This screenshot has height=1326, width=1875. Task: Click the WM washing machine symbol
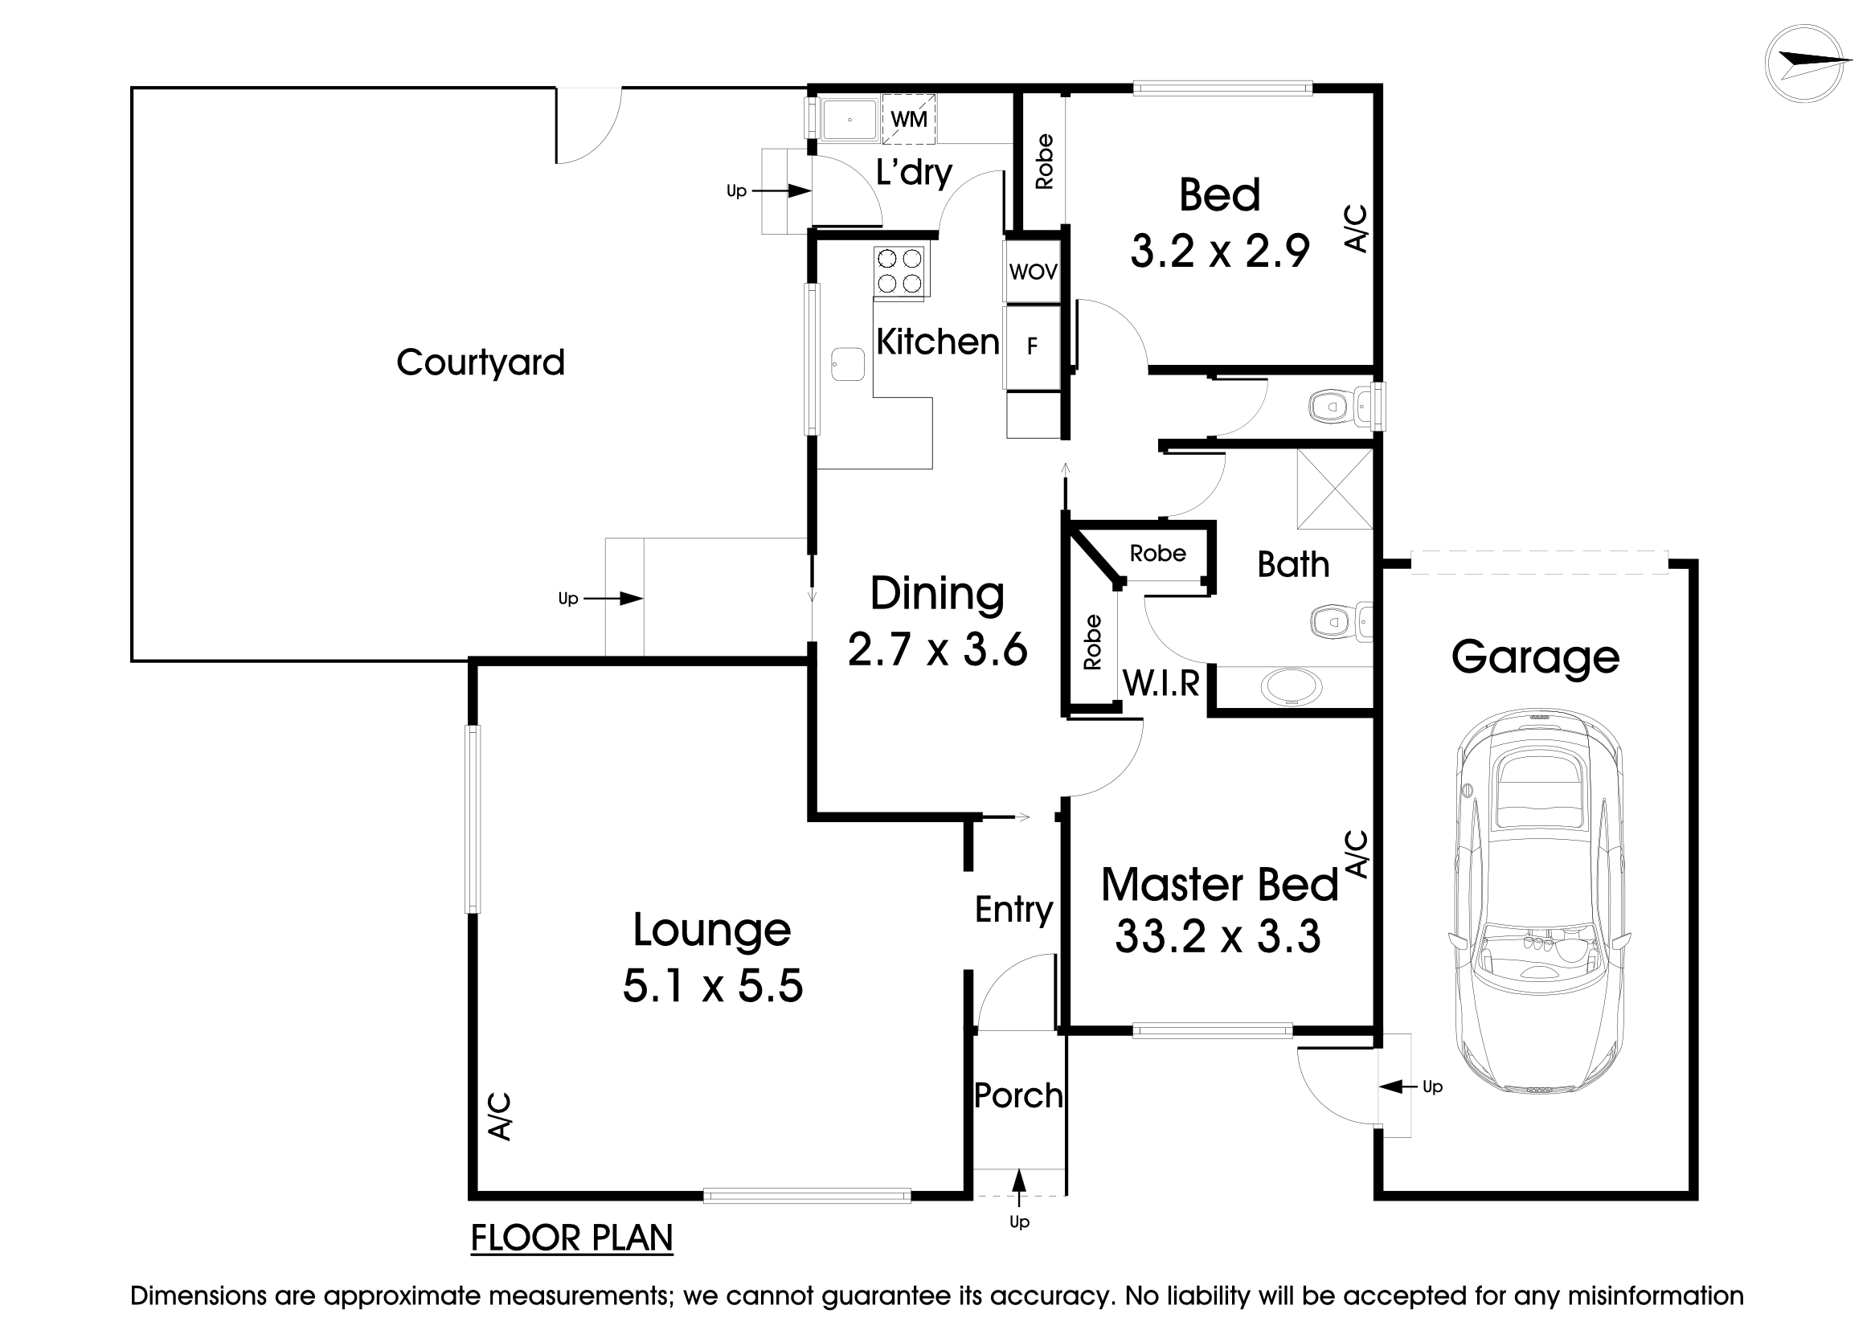click(x=908, y=119)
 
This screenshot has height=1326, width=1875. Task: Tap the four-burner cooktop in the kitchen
click(x=899, y=271)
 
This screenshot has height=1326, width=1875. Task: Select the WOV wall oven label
click(x=1032, y=272)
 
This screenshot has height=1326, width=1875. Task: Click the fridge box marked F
click(x=1032, y=346)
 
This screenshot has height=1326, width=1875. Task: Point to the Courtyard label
click(x=480, y=362)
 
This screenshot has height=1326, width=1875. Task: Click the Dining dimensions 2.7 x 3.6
click(x=936, y=651)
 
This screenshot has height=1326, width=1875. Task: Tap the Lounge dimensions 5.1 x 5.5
click(x=712, y=985)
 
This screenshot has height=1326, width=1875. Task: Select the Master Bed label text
click(x=1218, y=884)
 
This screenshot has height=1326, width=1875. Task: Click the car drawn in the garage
click(x=1538, y=902)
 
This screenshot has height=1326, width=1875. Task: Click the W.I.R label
click(x=1161, y=682)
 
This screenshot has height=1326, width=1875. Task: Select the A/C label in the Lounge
click(x=499, y=1116)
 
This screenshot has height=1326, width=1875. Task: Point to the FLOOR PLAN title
click(x=571, y=1238)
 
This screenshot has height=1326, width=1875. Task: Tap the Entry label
click(x=1013, y=909)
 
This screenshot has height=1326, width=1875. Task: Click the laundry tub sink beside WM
click(x=849, y=119)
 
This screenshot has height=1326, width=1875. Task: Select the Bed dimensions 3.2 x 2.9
click(x=1219, y=251)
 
